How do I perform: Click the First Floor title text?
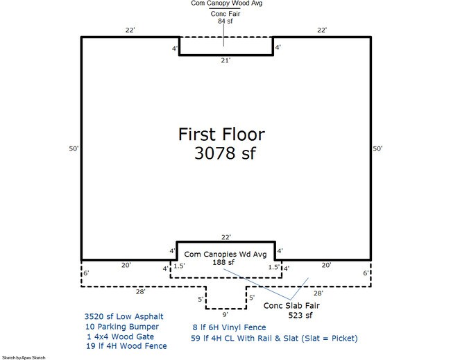(221, 135)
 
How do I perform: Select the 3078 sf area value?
(225, 153)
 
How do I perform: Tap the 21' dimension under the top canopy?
(226, 60)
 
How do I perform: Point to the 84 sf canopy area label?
(226, 21)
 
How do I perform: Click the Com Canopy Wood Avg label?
(227, 3)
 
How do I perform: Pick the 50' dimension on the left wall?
(74, 148)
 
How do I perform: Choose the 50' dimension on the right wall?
(377, 148)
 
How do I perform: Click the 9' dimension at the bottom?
(226, 315)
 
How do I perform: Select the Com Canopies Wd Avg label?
(226, 254)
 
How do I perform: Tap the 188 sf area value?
(223, 262)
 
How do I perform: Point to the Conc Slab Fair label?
(291, 306)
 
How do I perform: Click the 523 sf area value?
(300, 316)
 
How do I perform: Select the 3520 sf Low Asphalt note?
(124, 316)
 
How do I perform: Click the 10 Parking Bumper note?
(122, 327)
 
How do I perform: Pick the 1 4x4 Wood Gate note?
(120, 336)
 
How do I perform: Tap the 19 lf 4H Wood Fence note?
(126, 346)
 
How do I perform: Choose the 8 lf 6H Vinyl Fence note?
(229, 327)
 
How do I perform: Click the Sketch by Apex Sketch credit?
(24, 358)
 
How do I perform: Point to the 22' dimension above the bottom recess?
(226, 237)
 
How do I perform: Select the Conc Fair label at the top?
(226, 14)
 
